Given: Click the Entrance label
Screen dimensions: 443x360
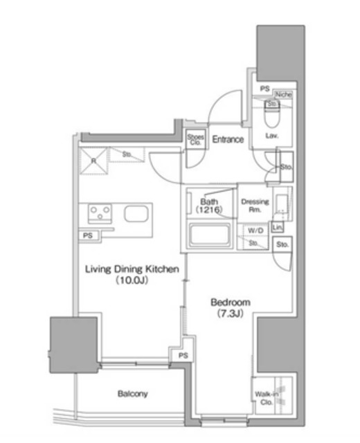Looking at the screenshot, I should pos(228,140).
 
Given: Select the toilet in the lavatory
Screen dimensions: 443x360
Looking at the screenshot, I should pos(271,114).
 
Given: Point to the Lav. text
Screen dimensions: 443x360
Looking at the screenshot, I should pos(271,136).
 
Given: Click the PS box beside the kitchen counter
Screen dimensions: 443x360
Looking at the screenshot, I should pos(87,235).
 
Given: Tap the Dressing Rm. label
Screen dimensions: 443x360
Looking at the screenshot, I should pos(254,206).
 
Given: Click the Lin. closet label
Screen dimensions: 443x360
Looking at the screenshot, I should pos(278,227).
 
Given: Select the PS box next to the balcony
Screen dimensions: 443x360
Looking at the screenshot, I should pos(182,355).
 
